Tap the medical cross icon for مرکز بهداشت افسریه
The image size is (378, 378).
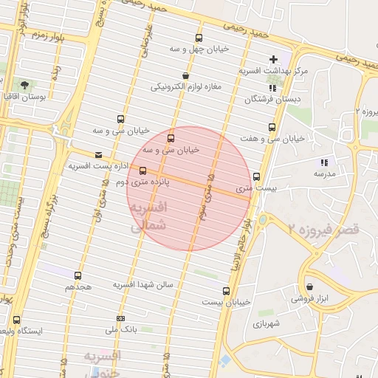[x=273, y=58]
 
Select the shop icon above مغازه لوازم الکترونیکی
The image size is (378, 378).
[x=185, y=75]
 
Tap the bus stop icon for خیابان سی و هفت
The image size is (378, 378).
[x=272, y=127]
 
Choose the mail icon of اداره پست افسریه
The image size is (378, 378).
[x=99, y=154]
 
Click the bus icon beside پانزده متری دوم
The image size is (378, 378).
[x=142, y=171]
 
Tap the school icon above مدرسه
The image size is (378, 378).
[x=323, y=162]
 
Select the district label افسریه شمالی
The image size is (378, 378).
[x=149, y=219]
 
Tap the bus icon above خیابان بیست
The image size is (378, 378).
[x=225, y=291]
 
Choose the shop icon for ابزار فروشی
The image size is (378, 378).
[x=308, y=287]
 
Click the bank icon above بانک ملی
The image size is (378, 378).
[x=120, y=319]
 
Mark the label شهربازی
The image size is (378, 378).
[x=267, y=324]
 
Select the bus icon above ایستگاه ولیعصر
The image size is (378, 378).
[x=17, y=320]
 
